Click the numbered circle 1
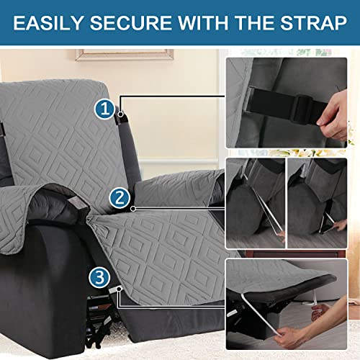pyautogui.click(x=105, y=110)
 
